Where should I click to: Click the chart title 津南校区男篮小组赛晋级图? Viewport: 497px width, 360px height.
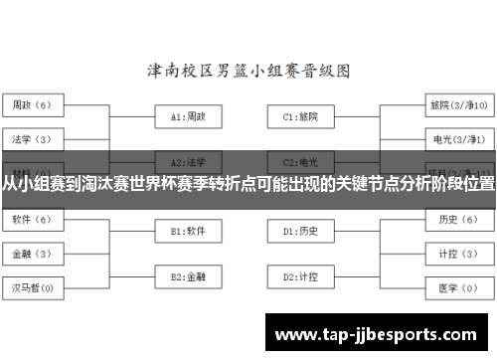click(248, 72)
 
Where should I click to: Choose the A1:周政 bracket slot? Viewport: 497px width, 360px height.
click(188, 116)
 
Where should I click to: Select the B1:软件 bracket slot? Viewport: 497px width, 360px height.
click(188, 231)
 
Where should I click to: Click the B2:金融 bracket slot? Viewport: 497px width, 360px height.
click(188, 275)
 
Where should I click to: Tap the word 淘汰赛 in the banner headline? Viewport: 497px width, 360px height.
click(95, 185)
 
